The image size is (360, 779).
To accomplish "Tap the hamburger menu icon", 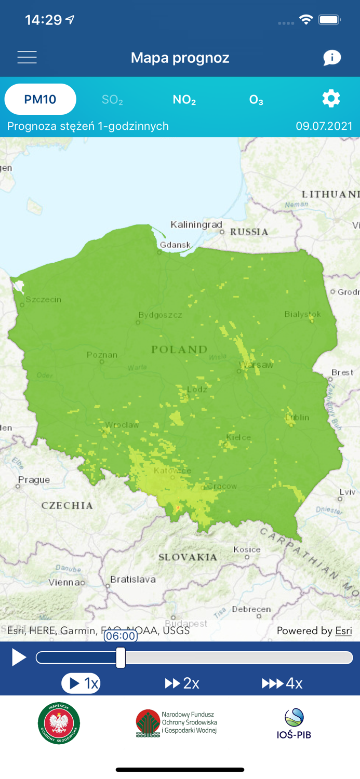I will (27, 57).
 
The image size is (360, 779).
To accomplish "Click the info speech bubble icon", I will (331, 57).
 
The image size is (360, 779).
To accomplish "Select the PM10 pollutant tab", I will (41, 99).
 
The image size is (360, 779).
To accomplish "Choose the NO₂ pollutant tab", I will (184, 100).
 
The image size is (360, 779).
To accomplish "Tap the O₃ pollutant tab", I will (256, 100).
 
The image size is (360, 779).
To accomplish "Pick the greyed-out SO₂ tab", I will (112, 100).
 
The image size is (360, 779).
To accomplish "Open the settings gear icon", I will (331, 99).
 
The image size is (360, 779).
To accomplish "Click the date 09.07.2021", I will (324, 126).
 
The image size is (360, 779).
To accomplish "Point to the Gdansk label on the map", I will (176, 245).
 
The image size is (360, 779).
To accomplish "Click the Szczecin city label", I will (44, 300).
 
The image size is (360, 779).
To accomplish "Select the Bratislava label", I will (133, 579).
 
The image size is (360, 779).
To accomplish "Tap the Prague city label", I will (34, 480).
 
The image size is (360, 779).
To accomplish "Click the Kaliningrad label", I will (196, 225).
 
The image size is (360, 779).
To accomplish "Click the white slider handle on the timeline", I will (121, 657).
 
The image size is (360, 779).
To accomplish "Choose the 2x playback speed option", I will (182, 683).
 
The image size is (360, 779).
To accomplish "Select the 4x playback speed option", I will (282, 683).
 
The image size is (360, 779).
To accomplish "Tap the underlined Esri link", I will (343, 631).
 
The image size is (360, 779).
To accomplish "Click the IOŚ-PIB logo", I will (294, 723).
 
